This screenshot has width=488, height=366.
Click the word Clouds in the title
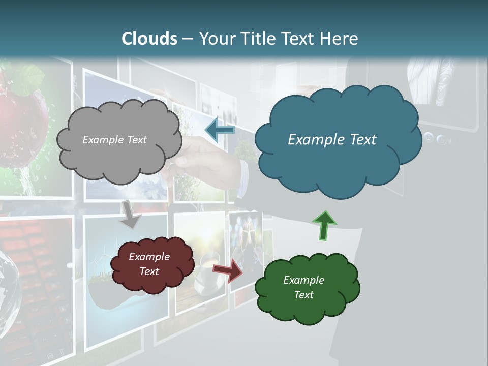(x=149, y=39)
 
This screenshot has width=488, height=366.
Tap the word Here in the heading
(x=339, y=39)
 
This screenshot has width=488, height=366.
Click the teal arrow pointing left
(x=220, y=130)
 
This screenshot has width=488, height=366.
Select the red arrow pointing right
(x=228, y=270)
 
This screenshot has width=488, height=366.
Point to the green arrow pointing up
(x=323, y=225)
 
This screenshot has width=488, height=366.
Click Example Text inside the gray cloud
(x=114, y=140)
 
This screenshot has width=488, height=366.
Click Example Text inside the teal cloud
(x=332, y=140)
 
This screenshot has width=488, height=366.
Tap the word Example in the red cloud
(x=149, y=257)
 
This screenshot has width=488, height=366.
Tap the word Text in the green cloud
(x=303, y=295)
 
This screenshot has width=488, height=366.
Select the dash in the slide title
(x=188, y=39)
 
